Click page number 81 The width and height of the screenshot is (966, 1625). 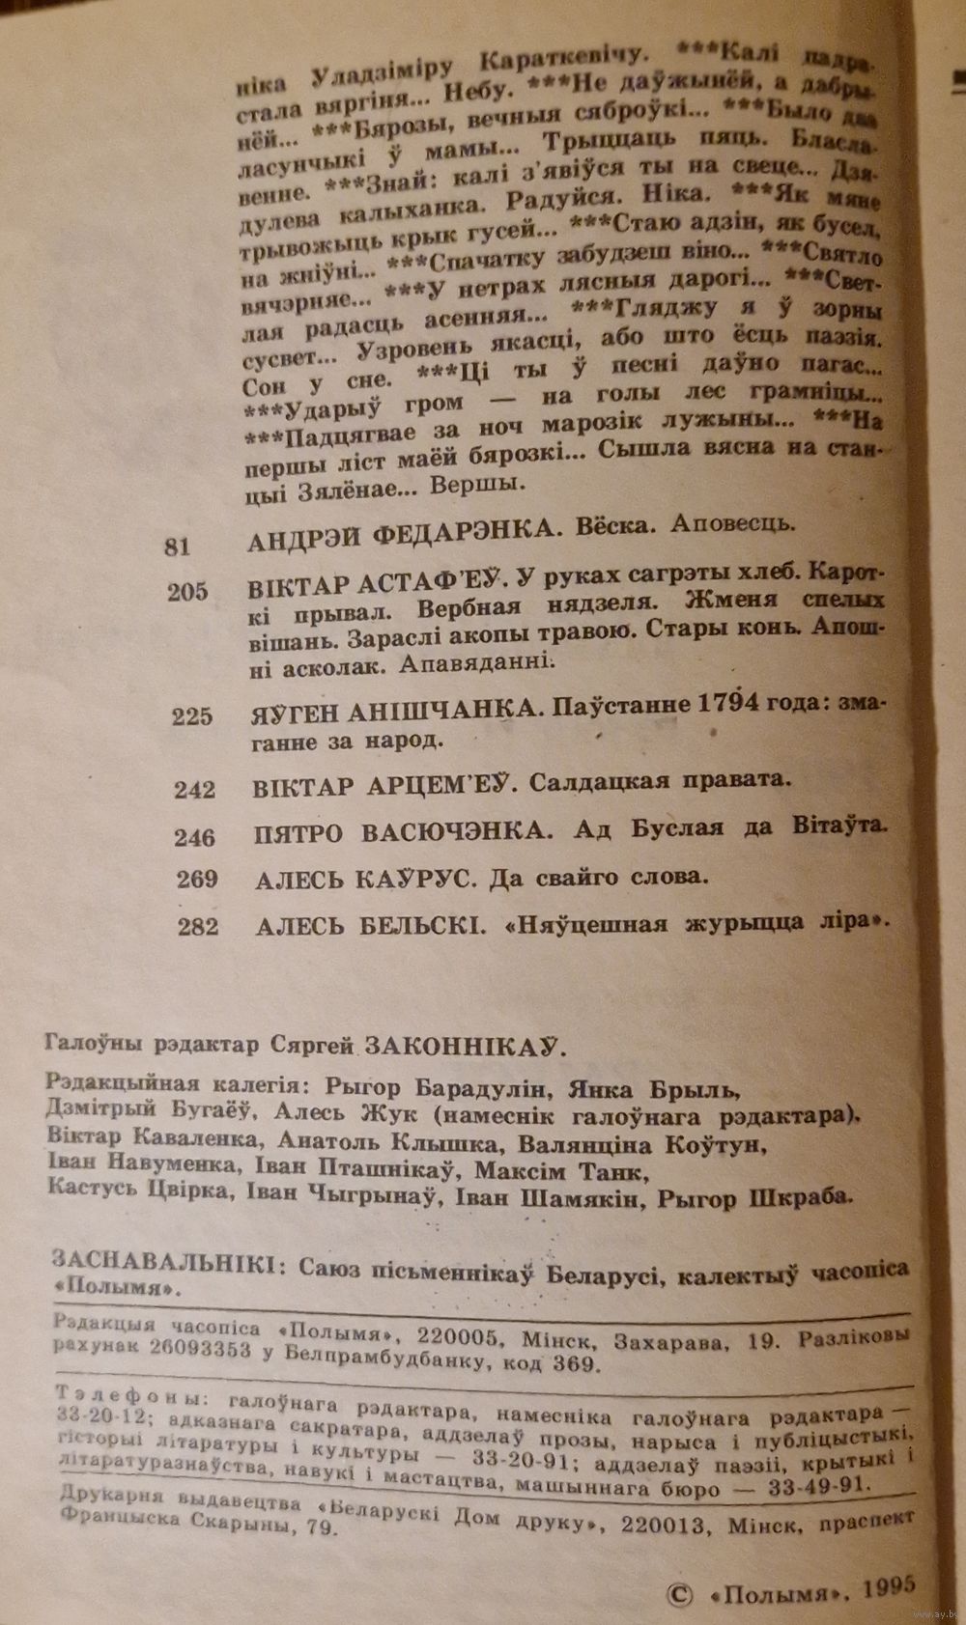178,547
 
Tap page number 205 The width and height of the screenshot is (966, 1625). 187,593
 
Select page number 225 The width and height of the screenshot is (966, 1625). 191,716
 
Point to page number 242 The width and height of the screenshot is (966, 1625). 194,790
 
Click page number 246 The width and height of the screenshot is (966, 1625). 195,836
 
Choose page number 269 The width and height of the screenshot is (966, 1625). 197,880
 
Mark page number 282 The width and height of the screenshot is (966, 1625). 198,927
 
